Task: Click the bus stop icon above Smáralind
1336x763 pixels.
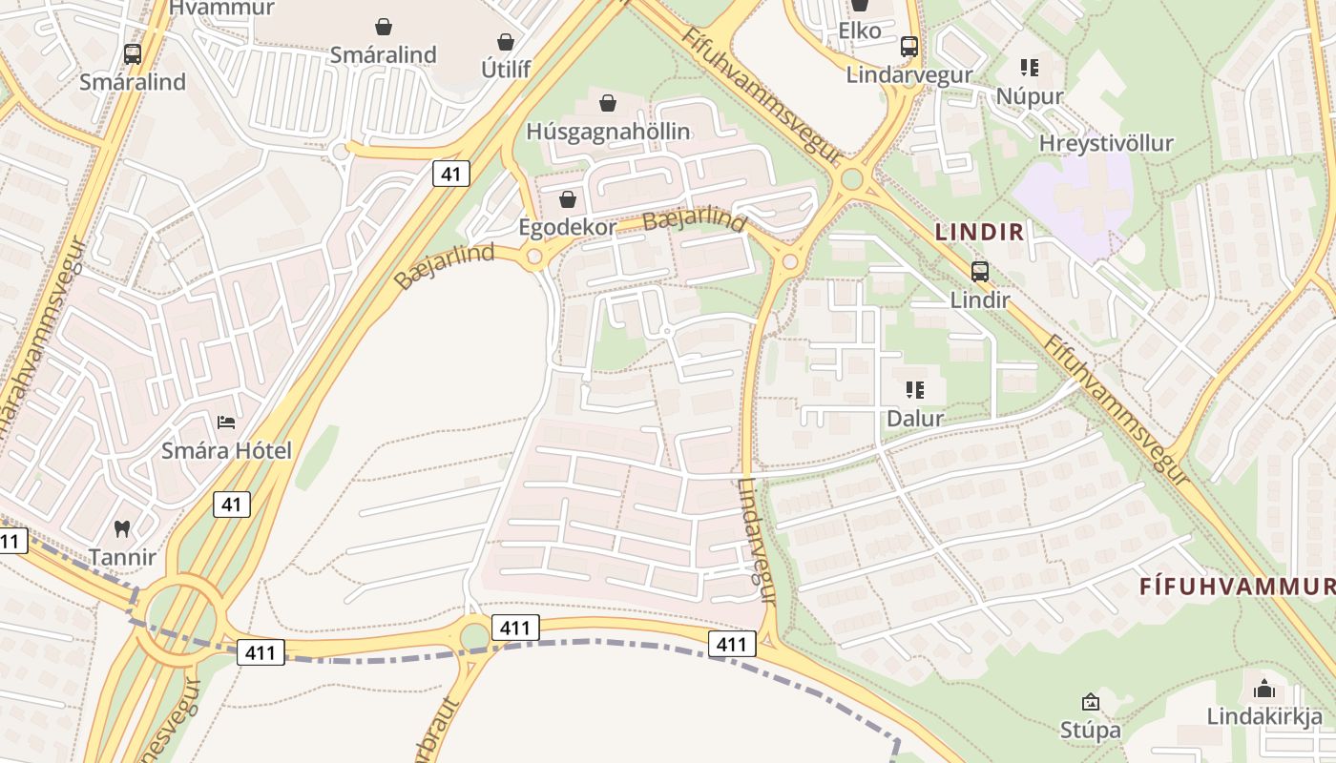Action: click(x=133, y=54)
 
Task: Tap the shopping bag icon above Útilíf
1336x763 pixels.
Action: click(x=506, y=42)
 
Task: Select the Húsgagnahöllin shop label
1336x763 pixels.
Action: click(x=608, y=131)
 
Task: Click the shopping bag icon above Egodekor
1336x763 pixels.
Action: click(x=568, y=199)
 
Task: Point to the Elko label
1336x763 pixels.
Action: click(x=859, y=31)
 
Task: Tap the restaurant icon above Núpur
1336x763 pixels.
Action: click(x=1029, y=68)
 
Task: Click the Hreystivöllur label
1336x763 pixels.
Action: click(x=1106, y=143)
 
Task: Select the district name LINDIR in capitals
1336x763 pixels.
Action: click(x=979, y=231)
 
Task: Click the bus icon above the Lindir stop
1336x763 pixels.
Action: click(x=979, y=271)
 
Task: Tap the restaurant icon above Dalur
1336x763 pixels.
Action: click(x=914, y=390)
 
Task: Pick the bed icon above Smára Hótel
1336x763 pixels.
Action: click(x=226, y=422)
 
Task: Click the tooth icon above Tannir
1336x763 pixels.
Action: click(x=122, y=527)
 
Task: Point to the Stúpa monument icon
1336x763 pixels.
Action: click(x=1090, y=703)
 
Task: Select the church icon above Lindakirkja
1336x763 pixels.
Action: click(x=1264, y=688)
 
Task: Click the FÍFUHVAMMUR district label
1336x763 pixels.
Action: click(x=1237, y=587)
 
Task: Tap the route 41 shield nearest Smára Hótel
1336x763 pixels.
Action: click(x=232, y=504)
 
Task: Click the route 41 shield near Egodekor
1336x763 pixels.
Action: click(x=450, y=173)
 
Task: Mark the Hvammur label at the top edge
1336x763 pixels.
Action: click(x=221, y=9)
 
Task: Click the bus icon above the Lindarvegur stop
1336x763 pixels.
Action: click(x=909, y=46)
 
